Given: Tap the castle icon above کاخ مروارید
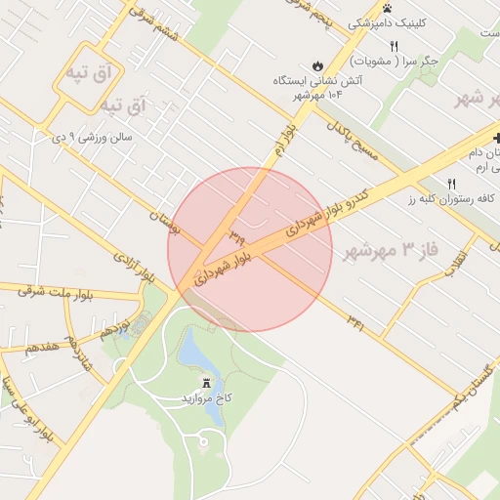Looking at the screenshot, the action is coord(207,382).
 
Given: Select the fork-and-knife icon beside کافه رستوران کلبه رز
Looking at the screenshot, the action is coord(452,184).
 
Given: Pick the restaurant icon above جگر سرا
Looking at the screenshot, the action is coord(395,46).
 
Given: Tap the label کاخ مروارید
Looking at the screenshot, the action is coord(207,398).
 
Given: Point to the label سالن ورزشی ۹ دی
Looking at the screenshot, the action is coord(92,138).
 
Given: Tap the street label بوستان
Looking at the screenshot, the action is coord(168,221).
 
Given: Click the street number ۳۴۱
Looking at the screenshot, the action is coord(354,323).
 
